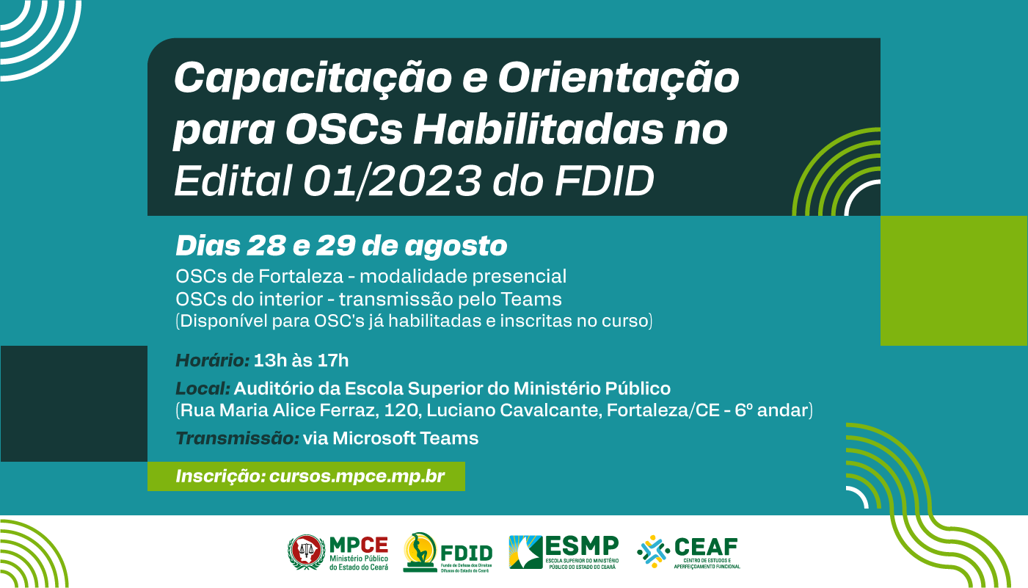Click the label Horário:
point(213,360)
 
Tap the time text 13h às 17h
point(301,360)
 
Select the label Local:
point(203,388)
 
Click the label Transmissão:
point(237,438)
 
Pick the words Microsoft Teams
point(405,438)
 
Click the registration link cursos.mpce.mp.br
point(357,476)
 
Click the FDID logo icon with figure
point(419,552)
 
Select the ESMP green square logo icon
point(525,552)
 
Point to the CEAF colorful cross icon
point(652,552)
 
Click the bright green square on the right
point(953,280)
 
